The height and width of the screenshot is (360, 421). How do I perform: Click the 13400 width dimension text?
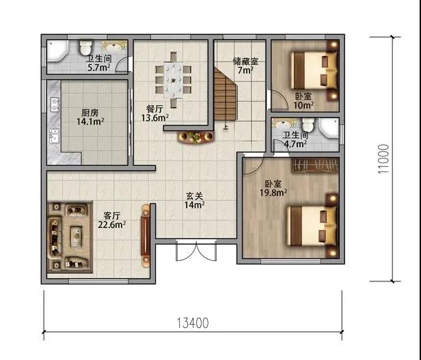coord(193,323)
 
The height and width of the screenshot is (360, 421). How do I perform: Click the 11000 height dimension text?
coord(383,159)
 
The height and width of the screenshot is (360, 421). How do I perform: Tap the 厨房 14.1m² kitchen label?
coord(90,117)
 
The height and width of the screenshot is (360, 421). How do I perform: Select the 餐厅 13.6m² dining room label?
coord(155,113)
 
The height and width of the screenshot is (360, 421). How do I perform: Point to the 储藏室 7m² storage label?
coord(245,66)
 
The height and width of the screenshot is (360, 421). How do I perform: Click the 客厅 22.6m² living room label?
coord(112,220)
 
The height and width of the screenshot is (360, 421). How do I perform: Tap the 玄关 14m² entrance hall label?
coord(194,201)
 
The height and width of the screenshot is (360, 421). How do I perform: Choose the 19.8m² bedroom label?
coord(273,188)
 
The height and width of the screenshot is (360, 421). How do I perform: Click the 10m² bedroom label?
coord(303,101)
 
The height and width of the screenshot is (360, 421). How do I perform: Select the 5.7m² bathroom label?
coord(99,63)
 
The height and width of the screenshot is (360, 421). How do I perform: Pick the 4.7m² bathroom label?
coord(295,139)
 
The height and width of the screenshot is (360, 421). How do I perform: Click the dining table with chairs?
coord(174,80)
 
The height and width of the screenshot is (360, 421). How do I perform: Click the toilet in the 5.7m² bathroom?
coord(86,47)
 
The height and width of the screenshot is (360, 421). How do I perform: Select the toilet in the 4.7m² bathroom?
coord(308,125)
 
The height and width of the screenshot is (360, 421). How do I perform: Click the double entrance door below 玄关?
coord(196,251)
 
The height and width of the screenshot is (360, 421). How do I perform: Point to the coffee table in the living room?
coord(77,236)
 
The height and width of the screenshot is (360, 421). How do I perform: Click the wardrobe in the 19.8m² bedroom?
coord(315,165)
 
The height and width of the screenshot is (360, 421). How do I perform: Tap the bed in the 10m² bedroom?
coord(314,70)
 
